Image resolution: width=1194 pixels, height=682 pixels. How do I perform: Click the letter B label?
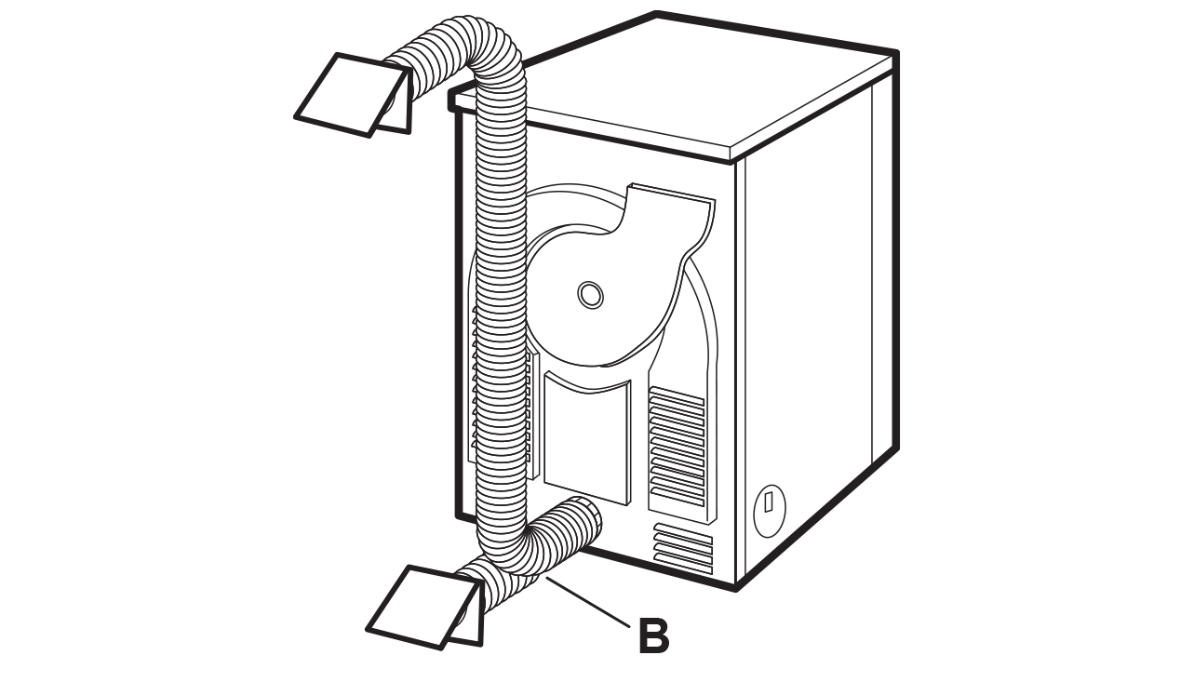(x=653, y=637)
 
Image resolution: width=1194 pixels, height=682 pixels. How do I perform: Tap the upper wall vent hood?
(x=349, y=93)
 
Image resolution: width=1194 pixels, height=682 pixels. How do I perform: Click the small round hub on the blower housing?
(x=589, y=295)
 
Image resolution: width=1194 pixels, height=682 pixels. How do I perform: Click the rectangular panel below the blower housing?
(x=586, y=437)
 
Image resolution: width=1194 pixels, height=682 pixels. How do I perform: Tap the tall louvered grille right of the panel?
(x=677, y=447)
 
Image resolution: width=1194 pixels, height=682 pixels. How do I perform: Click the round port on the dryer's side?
(x=769, y=510)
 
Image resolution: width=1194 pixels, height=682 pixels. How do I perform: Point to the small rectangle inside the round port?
(x=769, y=501)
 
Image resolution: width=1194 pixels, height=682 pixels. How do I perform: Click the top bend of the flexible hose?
(x=484, y=47)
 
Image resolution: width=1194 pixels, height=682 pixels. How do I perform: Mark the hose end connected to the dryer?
(x=582, y=521)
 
